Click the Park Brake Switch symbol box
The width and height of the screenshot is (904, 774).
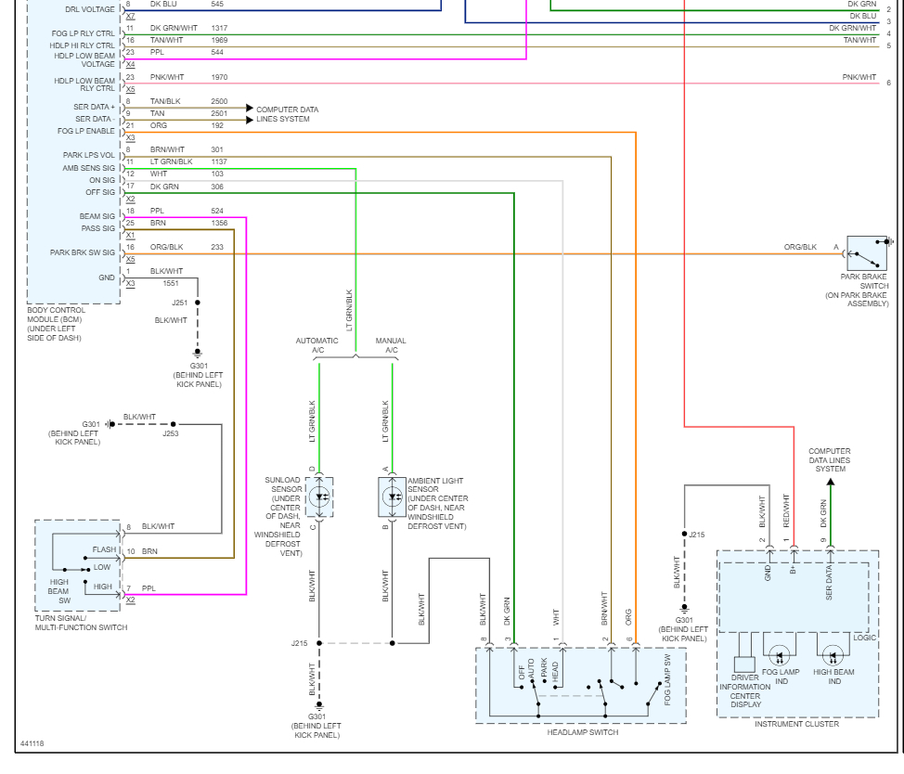click(867, 253)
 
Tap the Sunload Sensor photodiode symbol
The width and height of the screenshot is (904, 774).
click(319, 497)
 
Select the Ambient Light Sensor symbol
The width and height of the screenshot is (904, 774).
click(392, 497)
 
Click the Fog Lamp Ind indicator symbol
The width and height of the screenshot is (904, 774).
click(780, 656)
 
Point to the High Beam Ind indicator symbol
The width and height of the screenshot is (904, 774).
click(833, 656)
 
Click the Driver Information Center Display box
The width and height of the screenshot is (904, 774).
click(744, 664)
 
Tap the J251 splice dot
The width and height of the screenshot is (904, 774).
click(198, 303)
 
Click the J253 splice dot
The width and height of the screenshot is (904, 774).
click(173, 424)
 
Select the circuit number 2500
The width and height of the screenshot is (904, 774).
click(219, 101)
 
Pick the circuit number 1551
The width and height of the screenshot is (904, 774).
click(171, 284)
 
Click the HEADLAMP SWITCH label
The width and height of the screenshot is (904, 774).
click(582, 732)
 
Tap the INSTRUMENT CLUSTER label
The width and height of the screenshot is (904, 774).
click(796, 724)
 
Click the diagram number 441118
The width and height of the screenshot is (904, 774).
click(32, 743)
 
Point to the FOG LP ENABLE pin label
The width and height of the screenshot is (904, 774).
click(86, 132)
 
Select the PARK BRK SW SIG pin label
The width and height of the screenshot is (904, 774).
click(83, 252)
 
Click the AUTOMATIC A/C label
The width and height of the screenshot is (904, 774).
click(317, 345)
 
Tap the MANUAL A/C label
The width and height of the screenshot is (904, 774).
click(391, 345)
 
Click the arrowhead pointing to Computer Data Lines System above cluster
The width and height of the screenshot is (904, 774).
click(830, 483)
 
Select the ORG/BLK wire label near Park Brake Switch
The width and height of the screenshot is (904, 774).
click(800, 247)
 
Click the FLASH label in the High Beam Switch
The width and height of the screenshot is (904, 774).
click(104, 549)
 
